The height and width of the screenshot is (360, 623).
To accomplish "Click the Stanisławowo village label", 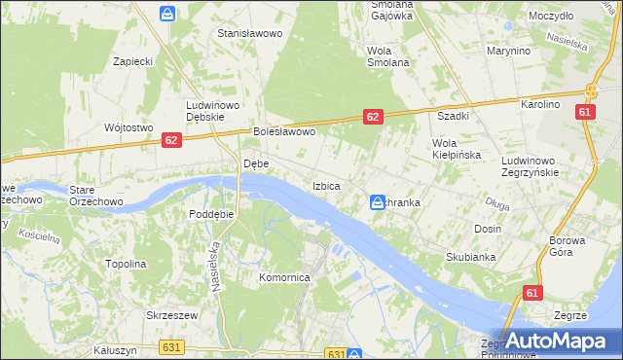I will [x=249, y=33].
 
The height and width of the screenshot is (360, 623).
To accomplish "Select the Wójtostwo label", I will [x=128, y=127].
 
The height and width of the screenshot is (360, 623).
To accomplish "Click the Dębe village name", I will [x=255, y=163].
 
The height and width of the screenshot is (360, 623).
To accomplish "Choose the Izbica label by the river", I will [x=326, y=185].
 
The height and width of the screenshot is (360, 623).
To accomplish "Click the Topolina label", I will [x=126, y=264].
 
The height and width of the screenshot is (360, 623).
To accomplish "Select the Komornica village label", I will [x=284, y=277].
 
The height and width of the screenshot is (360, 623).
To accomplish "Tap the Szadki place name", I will [x=453, y=115].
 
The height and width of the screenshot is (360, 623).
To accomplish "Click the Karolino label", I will [x=540, y=104].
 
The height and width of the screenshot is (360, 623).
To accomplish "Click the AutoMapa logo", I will [x=560, y=342].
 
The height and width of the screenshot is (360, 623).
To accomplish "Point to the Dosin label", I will [x=488, y=229].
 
